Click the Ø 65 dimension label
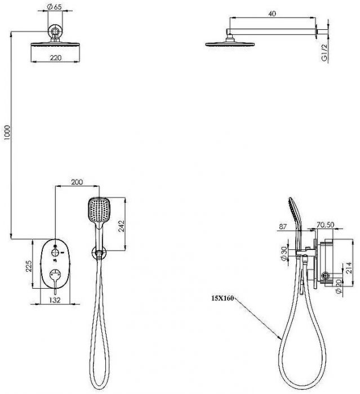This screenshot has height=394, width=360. point(54,7)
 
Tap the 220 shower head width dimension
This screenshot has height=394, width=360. point(55,58)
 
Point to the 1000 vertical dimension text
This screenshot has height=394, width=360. point(7,133)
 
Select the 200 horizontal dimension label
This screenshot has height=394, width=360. point(77,182)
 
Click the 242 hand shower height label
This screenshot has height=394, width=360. point(121,226)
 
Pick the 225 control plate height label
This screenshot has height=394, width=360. point(29,266)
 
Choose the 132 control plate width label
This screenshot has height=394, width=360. point(55,300)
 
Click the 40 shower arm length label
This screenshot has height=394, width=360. point(272,14)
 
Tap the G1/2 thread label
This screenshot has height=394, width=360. point(325,52)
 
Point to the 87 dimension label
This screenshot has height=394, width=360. point(283,226)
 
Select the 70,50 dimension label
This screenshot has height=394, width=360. point(325,225)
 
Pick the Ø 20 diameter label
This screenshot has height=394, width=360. point(339,286)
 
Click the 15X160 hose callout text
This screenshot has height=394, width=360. point(223,298)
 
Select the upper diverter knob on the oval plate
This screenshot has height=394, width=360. point(55,252)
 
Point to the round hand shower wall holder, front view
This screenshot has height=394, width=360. point(99,253)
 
